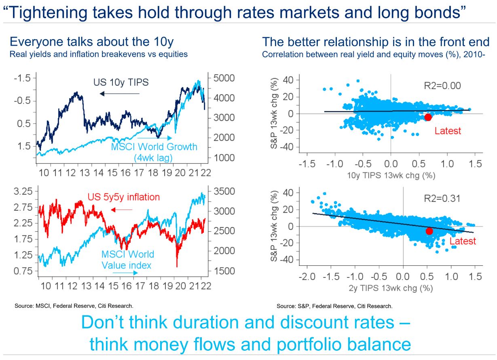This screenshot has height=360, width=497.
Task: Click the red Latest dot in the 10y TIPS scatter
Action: (x=428, y=117)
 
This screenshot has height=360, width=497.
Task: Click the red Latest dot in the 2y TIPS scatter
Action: (x=429, y=231)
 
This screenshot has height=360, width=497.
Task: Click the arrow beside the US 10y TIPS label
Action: (x=120, y=94)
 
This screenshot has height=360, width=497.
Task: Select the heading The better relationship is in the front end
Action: (x=376, y=42)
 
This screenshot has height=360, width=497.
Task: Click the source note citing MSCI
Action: (x=74, y=306)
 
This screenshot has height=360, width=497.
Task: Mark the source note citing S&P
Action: (x=334, y=306)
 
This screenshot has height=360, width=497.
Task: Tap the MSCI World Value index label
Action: (x=127, y=260)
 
